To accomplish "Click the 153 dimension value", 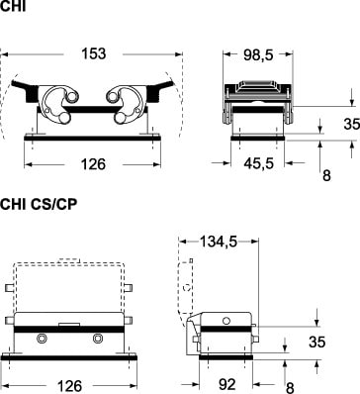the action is [94, 53].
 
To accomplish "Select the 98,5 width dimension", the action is [258, 55].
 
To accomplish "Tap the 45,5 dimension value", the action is [259, 163].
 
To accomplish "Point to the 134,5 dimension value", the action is [219, 243].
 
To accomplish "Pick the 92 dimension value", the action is [227, 384].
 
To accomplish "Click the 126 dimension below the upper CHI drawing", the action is [93, 164].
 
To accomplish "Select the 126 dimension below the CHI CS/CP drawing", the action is [69, 386].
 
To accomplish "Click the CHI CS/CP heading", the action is [39, 204].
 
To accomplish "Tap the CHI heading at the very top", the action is [13, 6].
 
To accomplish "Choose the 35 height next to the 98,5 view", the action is [351, 124].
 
